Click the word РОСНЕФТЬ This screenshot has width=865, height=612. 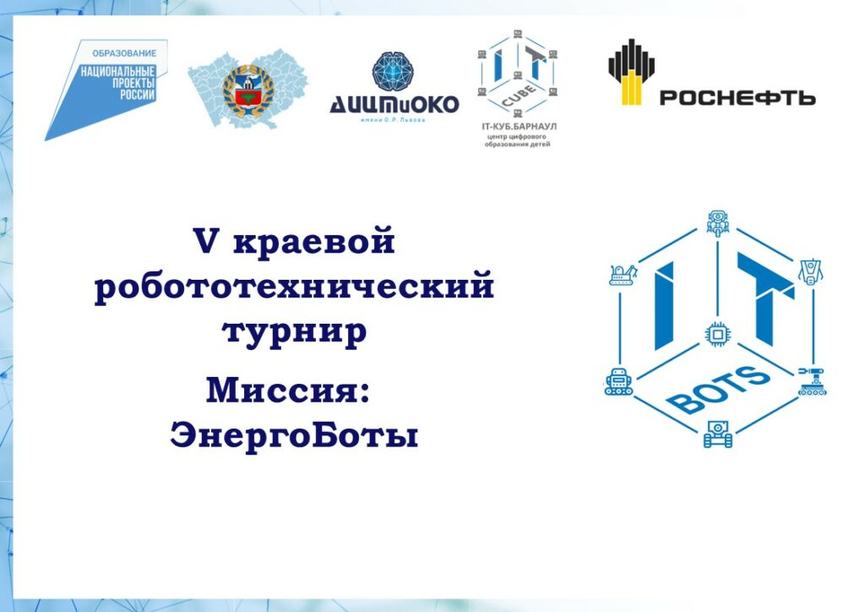[737, 98]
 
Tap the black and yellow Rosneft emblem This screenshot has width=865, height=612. [631, 72]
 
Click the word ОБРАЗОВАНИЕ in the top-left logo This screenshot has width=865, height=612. [124, 53]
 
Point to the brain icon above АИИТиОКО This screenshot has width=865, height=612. [393, 71]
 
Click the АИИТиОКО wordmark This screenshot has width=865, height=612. [394, 104]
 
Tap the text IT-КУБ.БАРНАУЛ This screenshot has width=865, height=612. [520, 127]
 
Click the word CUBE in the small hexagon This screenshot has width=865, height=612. [518, 96]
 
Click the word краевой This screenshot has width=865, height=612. [314, 241]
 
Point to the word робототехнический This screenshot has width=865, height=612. [294, 287]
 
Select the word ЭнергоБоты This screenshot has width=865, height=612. [294, 435]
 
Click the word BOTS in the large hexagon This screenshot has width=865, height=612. [718, 390]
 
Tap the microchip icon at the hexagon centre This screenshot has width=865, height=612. [718, 334]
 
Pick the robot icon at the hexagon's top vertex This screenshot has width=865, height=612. [718, 223]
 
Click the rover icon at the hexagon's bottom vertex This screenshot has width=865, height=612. [718, 434]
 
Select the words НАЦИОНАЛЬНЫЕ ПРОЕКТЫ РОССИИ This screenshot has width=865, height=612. [118, 83]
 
